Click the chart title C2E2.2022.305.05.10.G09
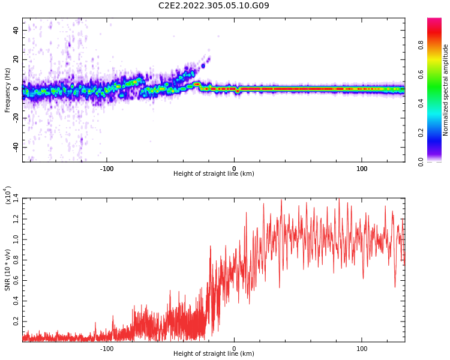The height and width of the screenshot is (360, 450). (214, 5)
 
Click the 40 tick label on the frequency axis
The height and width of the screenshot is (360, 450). (16, 31)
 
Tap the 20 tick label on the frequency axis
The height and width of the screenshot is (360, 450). (16, 59)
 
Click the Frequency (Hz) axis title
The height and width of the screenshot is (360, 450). (7, 90)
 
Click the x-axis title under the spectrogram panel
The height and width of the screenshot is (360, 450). (214, 174)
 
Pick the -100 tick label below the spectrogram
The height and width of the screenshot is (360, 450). (106, 168)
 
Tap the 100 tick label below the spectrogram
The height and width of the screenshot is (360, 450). (362, 168)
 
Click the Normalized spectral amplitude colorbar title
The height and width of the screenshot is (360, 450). (446, 90)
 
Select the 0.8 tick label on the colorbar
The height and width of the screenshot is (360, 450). (438, 45)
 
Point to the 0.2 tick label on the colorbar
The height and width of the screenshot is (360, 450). (438, 133)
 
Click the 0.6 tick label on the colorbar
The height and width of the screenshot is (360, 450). (438, 74)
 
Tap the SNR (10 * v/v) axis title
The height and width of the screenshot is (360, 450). (8, 270)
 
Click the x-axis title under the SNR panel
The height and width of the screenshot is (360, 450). (214, 354)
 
